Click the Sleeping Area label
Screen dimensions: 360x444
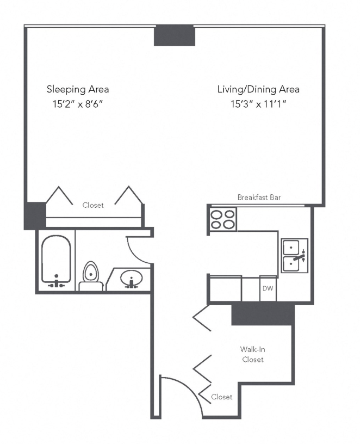tap(78, 89)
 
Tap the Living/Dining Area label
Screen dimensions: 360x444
tap(258, 89)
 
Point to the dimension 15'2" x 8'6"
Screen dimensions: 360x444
tap(78, 104)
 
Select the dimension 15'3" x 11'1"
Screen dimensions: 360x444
tap(258, 104)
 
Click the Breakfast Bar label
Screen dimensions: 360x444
tap(259, 198)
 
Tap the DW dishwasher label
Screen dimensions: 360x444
tap(268, 288)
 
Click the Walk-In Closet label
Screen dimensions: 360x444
tap(253, 354)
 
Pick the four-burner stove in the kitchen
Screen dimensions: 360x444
tap(223, 219)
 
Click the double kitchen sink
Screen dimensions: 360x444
tap(294, 255)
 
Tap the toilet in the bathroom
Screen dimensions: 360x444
tap(91, 276)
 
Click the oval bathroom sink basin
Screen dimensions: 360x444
tap(131, 278)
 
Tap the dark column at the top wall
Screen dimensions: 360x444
tap(175, 35)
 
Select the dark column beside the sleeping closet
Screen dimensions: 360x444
tap(35, 216)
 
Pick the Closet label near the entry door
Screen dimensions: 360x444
tap(222, 397)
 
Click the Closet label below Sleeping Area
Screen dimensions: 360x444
tap(93, 205)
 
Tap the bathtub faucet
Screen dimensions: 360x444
tap(57, 282)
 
